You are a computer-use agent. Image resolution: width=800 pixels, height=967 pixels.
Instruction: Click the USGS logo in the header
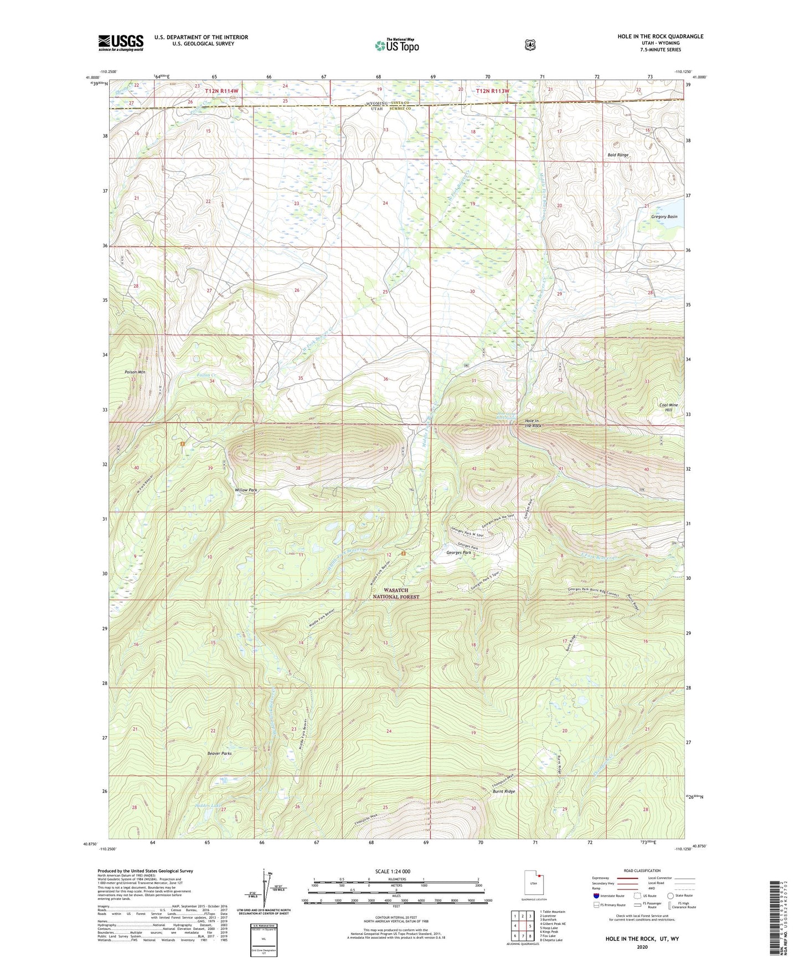pos(121,43)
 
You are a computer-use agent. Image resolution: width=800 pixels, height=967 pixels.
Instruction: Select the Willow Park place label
pos(245,490)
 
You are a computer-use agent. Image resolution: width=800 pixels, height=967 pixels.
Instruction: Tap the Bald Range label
pos(618,155)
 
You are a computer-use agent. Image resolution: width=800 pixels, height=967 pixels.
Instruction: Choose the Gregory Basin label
pos(664,217)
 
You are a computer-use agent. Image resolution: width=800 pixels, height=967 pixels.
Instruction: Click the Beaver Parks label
pos(219,753)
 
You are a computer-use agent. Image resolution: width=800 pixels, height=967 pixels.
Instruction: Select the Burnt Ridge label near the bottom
pos(503,791)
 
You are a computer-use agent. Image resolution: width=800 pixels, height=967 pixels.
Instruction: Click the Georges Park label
pos(458,553)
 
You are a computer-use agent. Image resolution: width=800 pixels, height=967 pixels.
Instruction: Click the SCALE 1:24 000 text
pos(393,871)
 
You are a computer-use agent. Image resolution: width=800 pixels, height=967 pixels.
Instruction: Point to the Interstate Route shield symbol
pos(596,896)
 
